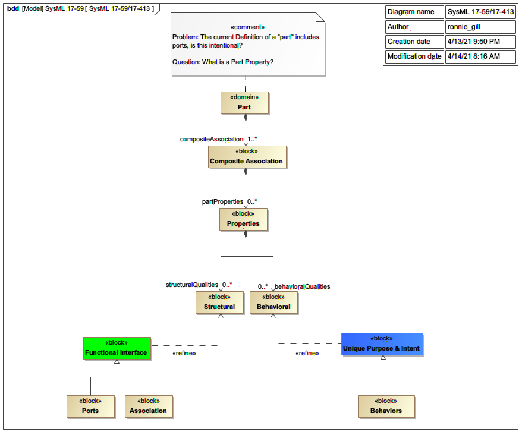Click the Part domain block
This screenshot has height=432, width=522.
[x=244, y=102]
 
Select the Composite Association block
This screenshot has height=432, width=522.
[x=246, y=157]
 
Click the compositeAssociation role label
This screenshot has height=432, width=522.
[x=211, y=139]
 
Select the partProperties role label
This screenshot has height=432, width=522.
[x=223, y=201]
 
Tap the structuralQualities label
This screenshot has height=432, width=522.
[x=191, y=285]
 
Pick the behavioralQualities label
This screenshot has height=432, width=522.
[x=302, y=286]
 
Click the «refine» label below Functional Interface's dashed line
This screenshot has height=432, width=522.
[x=184, y=354]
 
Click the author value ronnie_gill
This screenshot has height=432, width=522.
[x=464, y=27]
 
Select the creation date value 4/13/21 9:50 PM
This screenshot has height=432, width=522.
[x=473, y=42]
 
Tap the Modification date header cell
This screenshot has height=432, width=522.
[x=414, y=56]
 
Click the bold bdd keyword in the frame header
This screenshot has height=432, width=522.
[x=12, y=8]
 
